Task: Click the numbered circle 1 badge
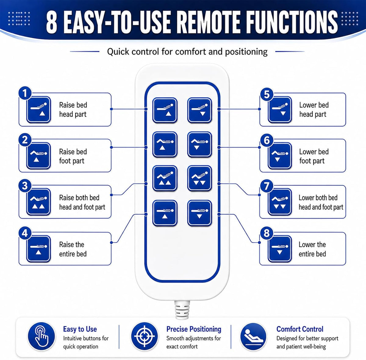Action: pos(25,93)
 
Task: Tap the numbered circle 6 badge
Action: pos(267,140)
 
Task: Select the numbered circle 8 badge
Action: pos(267,233)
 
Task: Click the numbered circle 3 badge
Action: pos(25,186)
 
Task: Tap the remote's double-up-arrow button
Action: pos(165,178)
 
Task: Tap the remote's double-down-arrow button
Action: pos(199,178)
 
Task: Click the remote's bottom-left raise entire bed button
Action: pos(165,213)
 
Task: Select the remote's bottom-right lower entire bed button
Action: pos(199,213)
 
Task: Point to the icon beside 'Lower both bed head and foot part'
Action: pos(280,202)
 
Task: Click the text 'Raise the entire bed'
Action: pos(73,249)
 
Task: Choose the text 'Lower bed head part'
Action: pos(314,110)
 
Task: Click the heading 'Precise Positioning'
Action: pos(194,329)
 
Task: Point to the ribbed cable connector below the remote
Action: pos(182,310)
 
